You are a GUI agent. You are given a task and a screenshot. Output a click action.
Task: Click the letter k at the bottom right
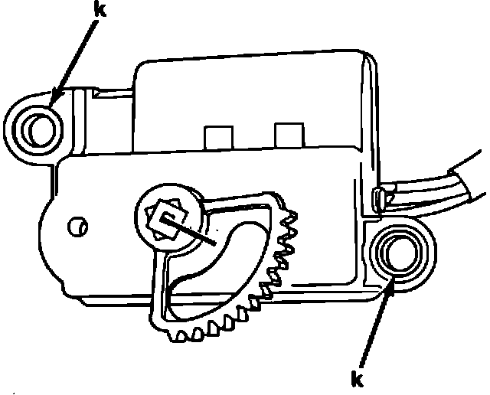[x=357, y=379]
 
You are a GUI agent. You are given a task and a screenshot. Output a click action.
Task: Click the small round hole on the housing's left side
[x=76, y=226]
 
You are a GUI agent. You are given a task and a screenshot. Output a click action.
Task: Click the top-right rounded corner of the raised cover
[x=366, y=65]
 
